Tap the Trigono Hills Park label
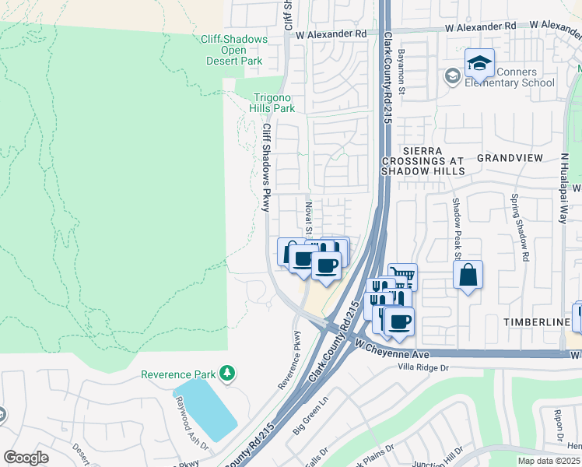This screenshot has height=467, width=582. click(x=272, y=103)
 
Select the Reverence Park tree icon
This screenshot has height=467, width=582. click(x=227, y=374)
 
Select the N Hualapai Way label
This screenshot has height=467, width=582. click(x=566, y=188)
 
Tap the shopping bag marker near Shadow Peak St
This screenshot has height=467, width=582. click(x=468, y=275)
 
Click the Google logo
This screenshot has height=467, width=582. click(x=26, y=458)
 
